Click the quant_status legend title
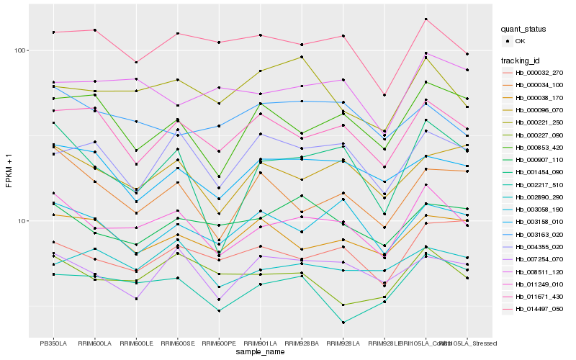click(523, 29)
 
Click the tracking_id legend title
click(521, 60)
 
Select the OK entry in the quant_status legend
click(520, 41)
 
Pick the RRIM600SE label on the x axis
click(177, 343)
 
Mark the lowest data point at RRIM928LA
click(343, 323)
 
